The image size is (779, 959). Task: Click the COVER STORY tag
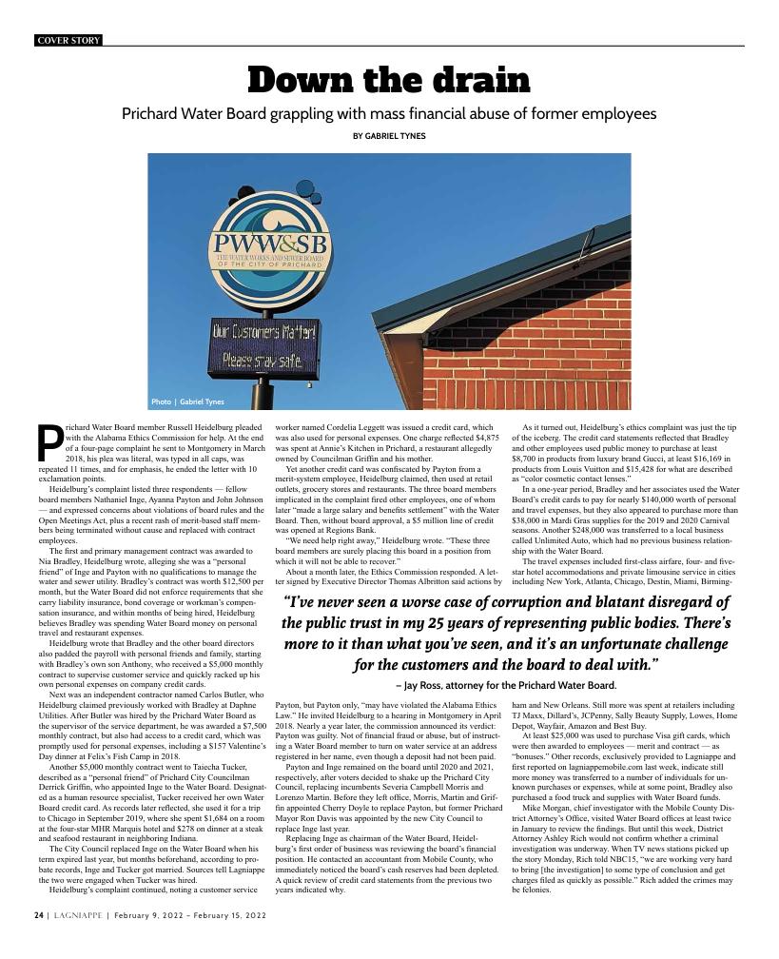tap(68, 40)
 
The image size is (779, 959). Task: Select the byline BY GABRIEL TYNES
tap(389, 136)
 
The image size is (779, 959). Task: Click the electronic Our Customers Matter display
tap(251, 346)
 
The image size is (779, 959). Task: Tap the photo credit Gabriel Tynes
tap(187, 401)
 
